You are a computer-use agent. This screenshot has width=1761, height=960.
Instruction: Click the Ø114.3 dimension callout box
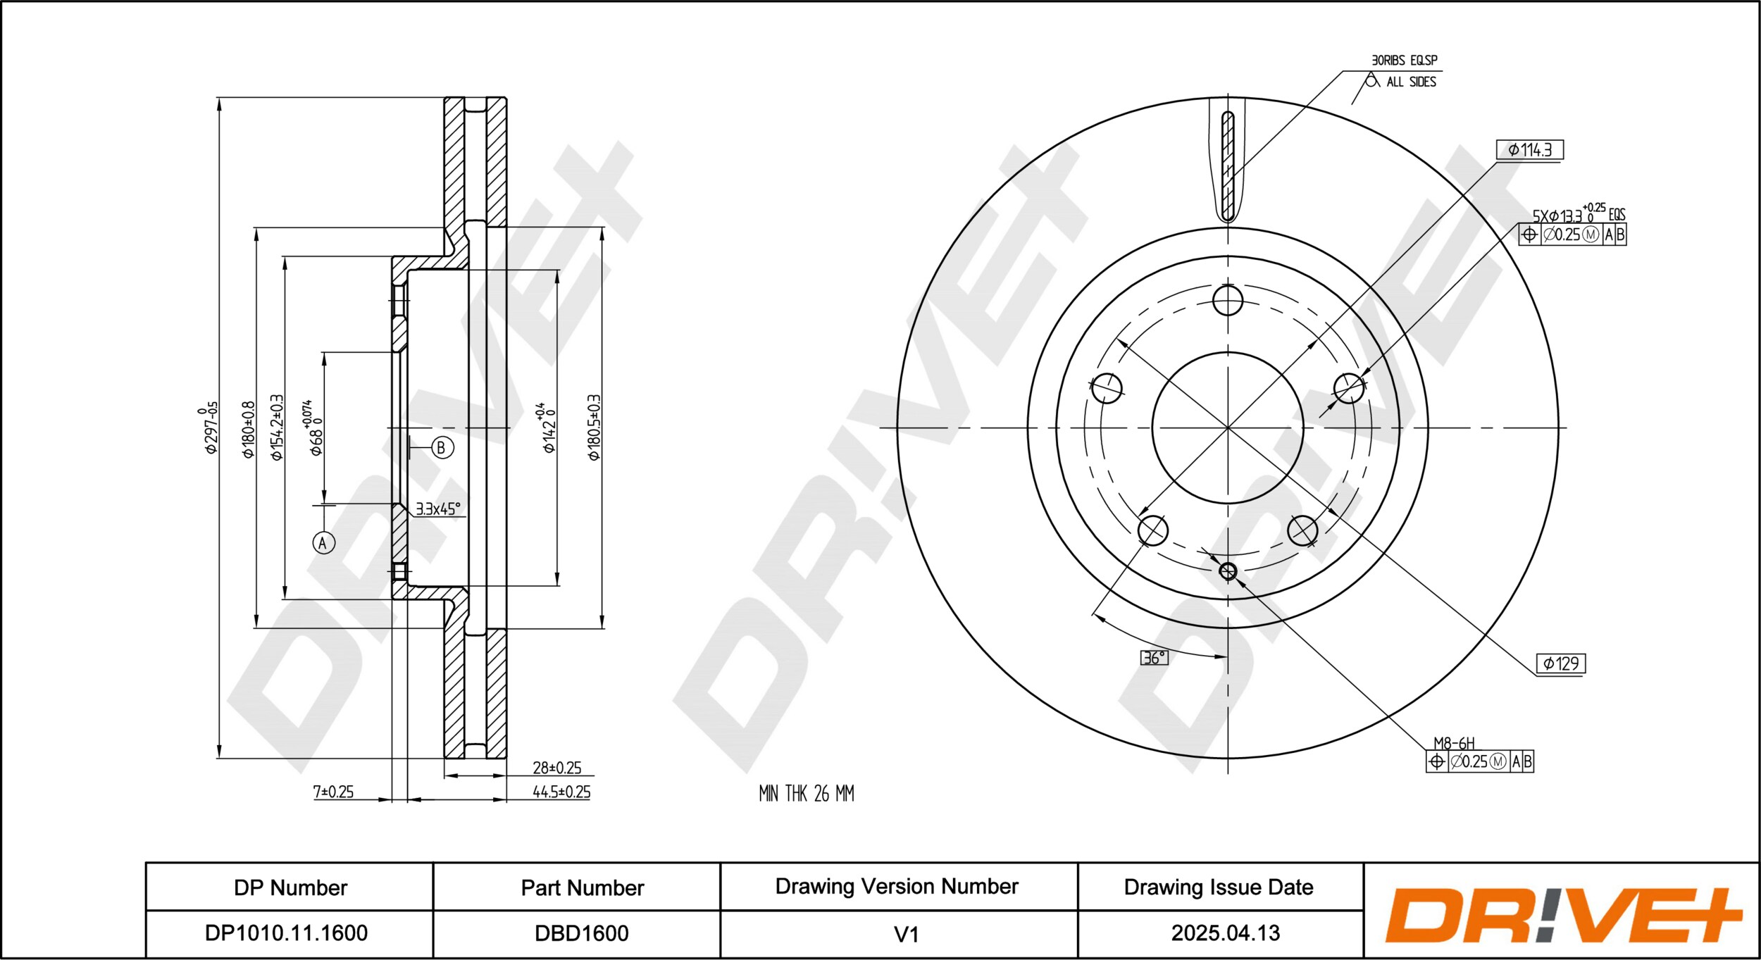(1529, 150)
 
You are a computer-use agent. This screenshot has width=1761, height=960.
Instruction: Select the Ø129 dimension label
(1560, 663)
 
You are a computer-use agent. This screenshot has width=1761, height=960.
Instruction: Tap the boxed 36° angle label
(1154, 658)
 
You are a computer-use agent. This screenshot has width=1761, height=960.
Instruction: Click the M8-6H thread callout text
(1454, 743)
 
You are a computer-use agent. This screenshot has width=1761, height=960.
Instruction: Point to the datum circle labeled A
(324, 542)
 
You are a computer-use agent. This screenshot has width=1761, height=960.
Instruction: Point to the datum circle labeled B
(442, 447)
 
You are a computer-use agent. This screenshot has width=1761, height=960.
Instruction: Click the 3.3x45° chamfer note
(437, 509)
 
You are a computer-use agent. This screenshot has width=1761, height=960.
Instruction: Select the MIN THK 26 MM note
(806, 794)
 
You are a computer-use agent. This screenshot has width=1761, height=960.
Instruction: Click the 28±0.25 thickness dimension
(556, 768)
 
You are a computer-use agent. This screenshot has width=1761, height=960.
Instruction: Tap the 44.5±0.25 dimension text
(561, 792)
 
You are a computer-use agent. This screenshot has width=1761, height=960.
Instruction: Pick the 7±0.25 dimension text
(333, 792)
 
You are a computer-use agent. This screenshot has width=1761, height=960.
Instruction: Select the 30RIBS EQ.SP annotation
(1404, 61)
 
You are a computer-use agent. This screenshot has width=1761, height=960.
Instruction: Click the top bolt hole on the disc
(1228, 301)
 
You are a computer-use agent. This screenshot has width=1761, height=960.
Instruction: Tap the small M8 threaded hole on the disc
(1228, 571)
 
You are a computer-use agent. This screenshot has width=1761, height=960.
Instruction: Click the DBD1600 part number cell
(582, 933)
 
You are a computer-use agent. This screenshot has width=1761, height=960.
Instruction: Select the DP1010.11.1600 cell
(286, 933)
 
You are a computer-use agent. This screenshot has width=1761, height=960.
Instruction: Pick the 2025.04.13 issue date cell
(1225, 933)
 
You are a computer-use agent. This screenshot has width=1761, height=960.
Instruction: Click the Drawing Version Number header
(897, 886)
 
